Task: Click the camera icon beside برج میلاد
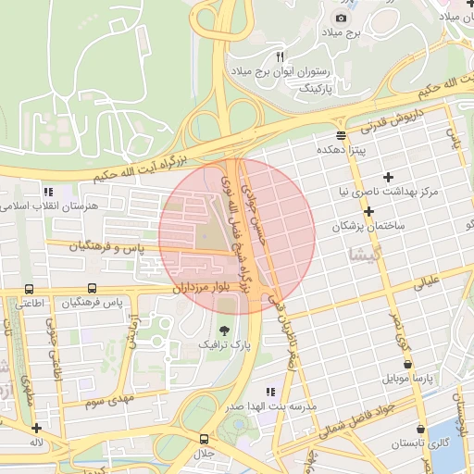pos(342,18)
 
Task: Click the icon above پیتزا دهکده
pos(342,133)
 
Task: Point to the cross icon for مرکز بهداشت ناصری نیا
pos(388,176)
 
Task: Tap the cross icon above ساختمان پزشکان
pos(368,211)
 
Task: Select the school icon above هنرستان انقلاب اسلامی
pos(47,192)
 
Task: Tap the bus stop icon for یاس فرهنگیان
pos(92,289)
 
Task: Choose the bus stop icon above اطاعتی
pos(30,289)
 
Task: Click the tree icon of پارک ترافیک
pos(223,331)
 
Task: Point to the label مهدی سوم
pos(109,400)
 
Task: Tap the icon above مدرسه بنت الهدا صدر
pos(270,393)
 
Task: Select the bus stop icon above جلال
pos(204,438)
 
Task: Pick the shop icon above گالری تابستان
pos(421,430)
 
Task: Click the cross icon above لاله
pos(35,428)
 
